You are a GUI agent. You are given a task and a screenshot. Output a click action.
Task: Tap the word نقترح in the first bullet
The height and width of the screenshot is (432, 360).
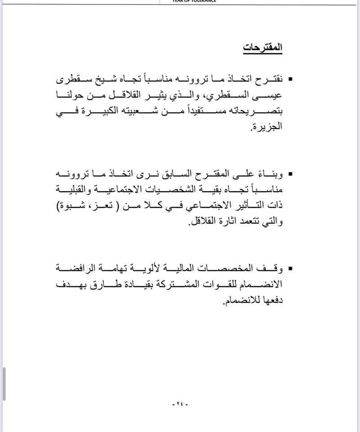pyautogui.click(x=267, y=80)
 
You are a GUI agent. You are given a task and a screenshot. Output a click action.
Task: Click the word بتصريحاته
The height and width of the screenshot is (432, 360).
pyautogui.click(x=253, y=112)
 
